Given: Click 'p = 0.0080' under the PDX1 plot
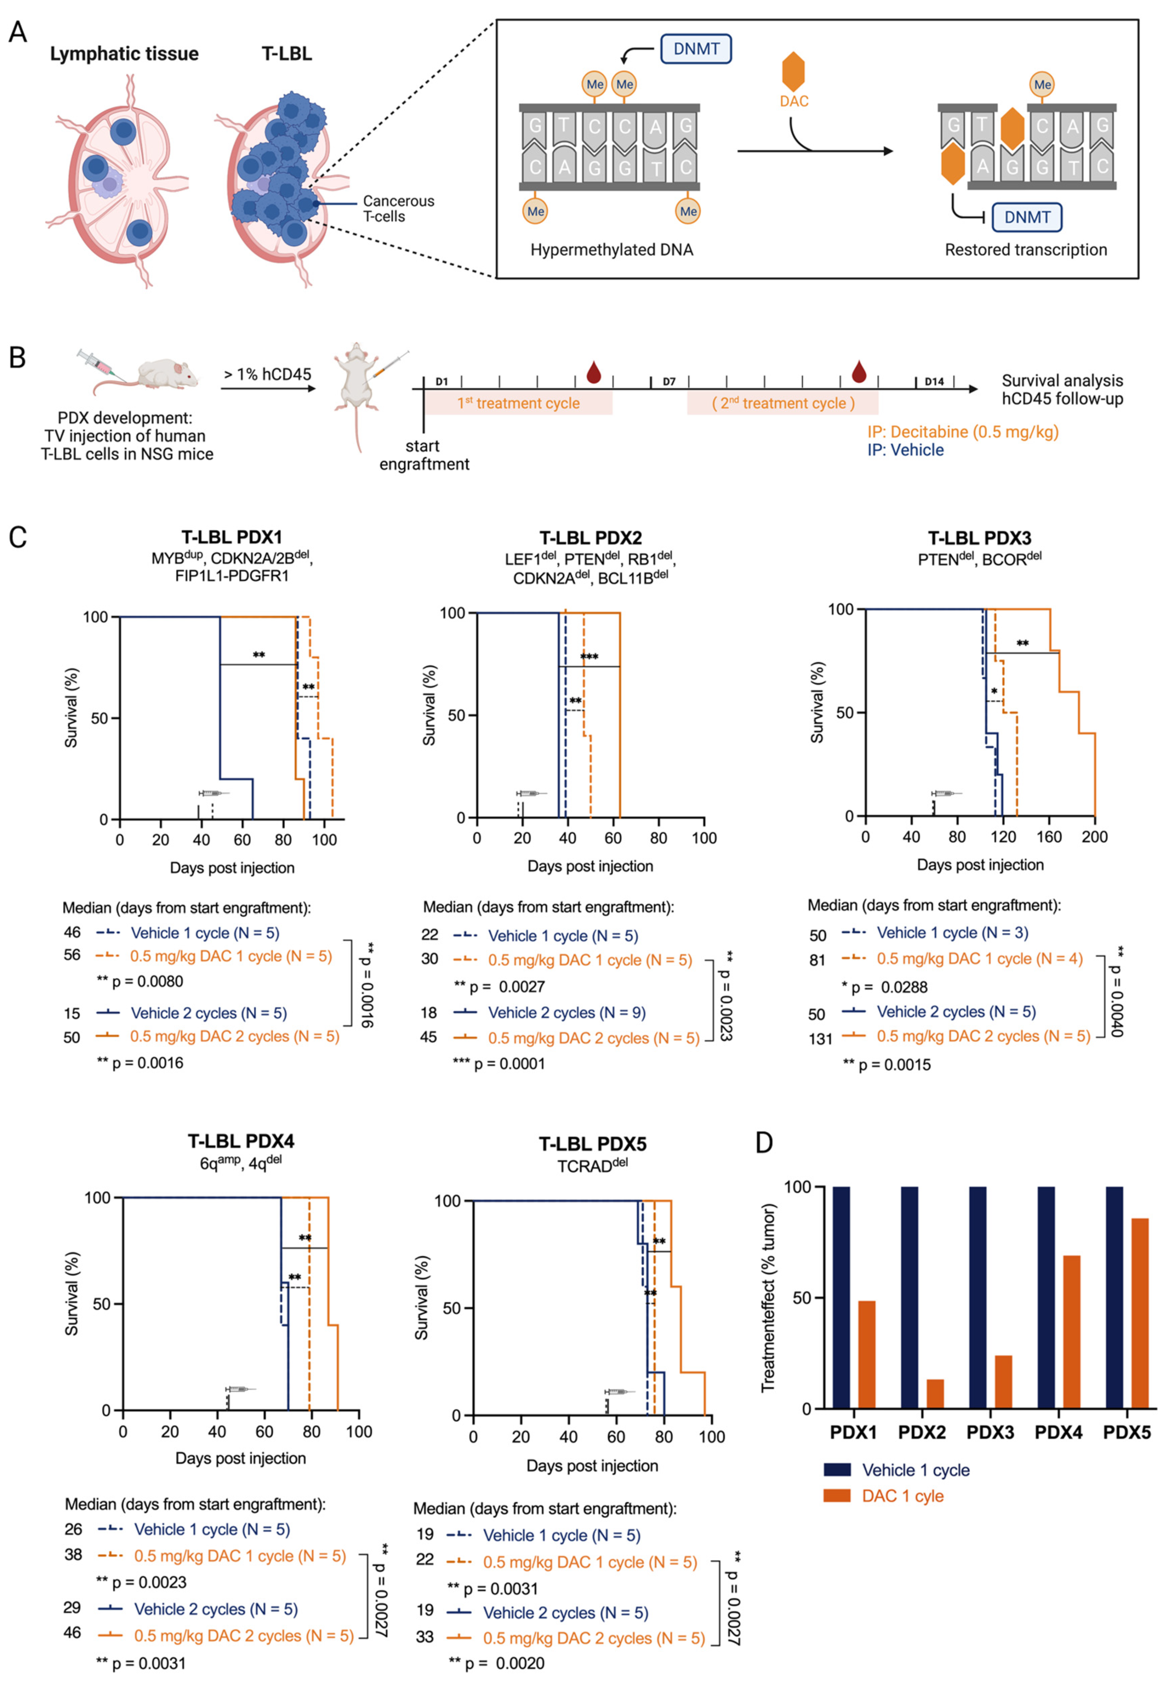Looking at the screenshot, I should coord(147,981).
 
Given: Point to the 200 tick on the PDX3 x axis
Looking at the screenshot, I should coord(1094,837).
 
